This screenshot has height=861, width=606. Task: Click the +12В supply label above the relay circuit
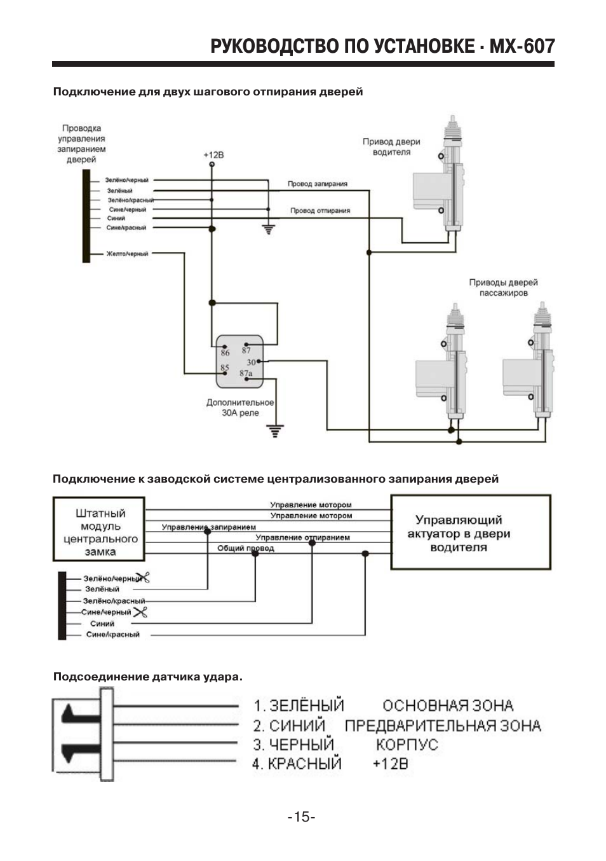pos(213,155)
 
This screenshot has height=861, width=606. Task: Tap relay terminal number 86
pos(226,353)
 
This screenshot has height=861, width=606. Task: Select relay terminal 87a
pos(246,373)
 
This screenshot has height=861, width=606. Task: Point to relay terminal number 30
pos(251,362)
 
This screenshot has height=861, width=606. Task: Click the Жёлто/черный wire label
pos(127,254)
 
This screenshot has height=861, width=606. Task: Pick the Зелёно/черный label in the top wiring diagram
pos(126,181)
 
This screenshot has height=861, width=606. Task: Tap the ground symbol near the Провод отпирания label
pos(269,229)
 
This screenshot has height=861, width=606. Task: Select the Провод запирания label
pos(318,184)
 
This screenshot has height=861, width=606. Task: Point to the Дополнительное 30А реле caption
pos(240,408)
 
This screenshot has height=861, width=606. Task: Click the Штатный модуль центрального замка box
pos(100,532)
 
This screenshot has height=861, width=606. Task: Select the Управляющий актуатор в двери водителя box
pos(470,533)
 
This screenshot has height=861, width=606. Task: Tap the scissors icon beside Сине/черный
pos(141,612)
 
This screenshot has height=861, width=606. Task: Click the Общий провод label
pos(246,548)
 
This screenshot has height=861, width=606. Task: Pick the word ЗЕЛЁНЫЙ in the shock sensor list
pos(306,706)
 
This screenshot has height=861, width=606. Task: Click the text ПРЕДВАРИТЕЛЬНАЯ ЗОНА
pos(443,726)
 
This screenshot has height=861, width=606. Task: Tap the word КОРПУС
pos(407,745)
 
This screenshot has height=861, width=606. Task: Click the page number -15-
pos(302,817)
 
